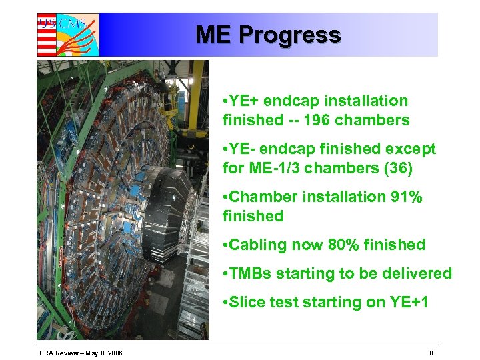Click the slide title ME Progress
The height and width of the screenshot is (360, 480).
coord(268,35)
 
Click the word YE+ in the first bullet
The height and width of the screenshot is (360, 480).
coord(245,101)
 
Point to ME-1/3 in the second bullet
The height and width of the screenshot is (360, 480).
coord(274,169)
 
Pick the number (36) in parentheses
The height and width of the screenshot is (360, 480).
coord(397,169)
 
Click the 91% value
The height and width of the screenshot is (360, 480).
coord(401,197)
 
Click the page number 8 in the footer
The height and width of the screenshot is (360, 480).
coord(431,351)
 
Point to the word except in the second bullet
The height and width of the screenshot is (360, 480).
coord(410,149)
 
